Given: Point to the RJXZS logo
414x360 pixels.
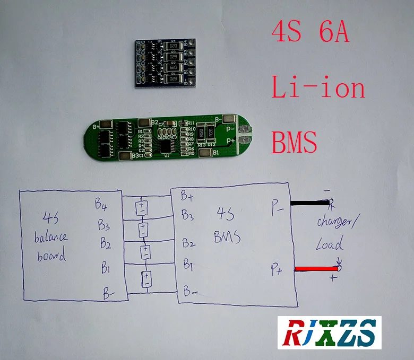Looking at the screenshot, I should point(329,332).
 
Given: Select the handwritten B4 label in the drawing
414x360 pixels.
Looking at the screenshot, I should point(101,203).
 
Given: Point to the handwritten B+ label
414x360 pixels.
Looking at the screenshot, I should point(187,197).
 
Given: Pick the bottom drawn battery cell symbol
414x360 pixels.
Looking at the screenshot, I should point(146,278).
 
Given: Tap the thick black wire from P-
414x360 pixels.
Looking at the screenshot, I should point(309,203).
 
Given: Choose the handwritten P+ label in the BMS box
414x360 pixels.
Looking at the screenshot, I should point(276,271).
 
